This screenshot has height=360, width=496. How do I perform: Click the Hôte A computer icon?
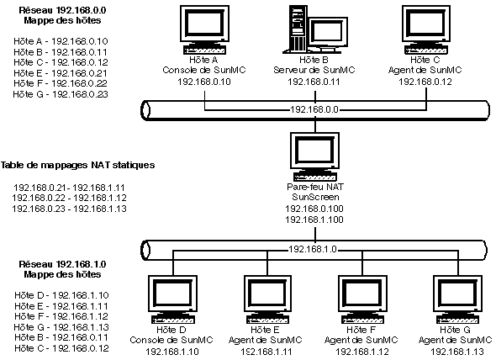(204, 29)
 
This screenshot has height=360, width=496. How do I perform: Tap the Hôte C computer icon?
(426, 29)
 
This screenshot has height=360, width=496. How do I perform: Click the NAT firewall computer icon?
(314, 156)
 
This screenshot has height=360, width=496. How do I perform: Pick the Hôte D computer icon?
(172, 299)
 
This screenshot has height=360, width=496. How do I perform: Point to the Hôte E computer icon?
(267, 299)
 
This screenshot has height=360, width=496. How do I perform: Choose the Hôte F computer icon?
(362, 299)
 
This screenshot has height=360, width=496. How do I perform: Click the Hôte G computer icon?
(457, 299)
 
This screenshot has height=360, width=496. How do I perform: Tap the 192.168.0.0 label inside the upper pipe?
(314, 110)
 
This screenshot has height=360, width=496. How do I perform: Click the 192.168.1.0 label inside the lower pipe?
(313, 250)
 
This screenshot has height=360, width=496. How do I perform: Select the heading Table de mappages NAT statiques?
(78, 165)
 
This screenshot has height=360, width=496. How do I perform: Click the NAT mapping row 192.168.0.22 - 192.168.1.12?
(69, 199)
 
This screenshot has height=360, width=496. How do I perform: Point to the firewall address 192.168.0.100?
(314, 209)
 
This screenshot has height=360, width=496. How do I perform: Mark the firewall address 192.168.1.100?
(314, 220)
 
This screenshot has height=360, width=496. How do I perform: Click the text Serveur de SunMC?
(314, 70)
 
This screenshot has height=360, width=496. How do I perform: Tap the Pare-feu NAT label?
(315, 187)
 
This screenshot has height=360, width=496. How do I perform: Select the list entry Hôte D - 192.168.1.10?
(61, 295)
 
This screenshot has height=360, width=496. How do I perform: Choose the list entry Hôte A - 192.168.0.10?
(61, 41)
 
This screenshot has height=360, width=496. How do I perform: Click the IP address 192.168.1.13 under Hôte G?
(457, 352)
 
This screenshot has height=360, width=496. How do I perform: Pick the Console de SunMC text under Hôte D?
(171, 341)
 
